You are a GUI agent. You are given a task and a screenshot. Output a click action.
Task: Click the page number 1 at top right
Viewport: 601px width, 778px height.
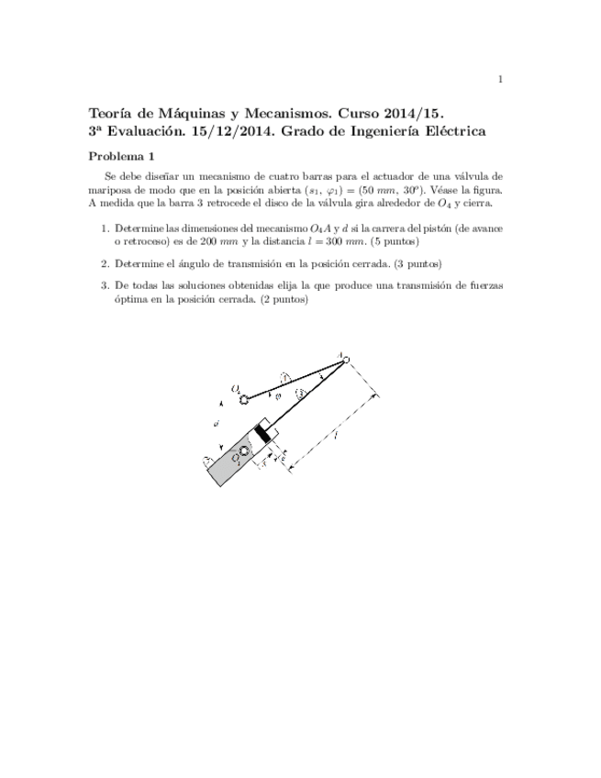pos(499,80)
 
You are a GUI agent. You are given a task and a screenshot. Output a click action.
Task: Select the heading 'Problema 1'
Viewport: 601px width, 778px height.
pos(128,156)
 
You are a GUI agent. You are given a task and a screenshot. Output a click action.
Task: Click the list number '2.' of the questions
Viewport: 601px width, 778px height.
pos(105,263)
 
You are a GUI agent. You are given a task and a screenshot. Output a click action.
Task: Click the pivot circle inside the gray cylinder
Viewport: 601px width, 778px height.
pos(244,450)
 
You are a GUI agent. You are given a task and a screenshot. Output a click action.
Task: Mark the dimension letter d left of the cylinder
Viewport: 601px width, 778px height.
pos(215,424)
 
